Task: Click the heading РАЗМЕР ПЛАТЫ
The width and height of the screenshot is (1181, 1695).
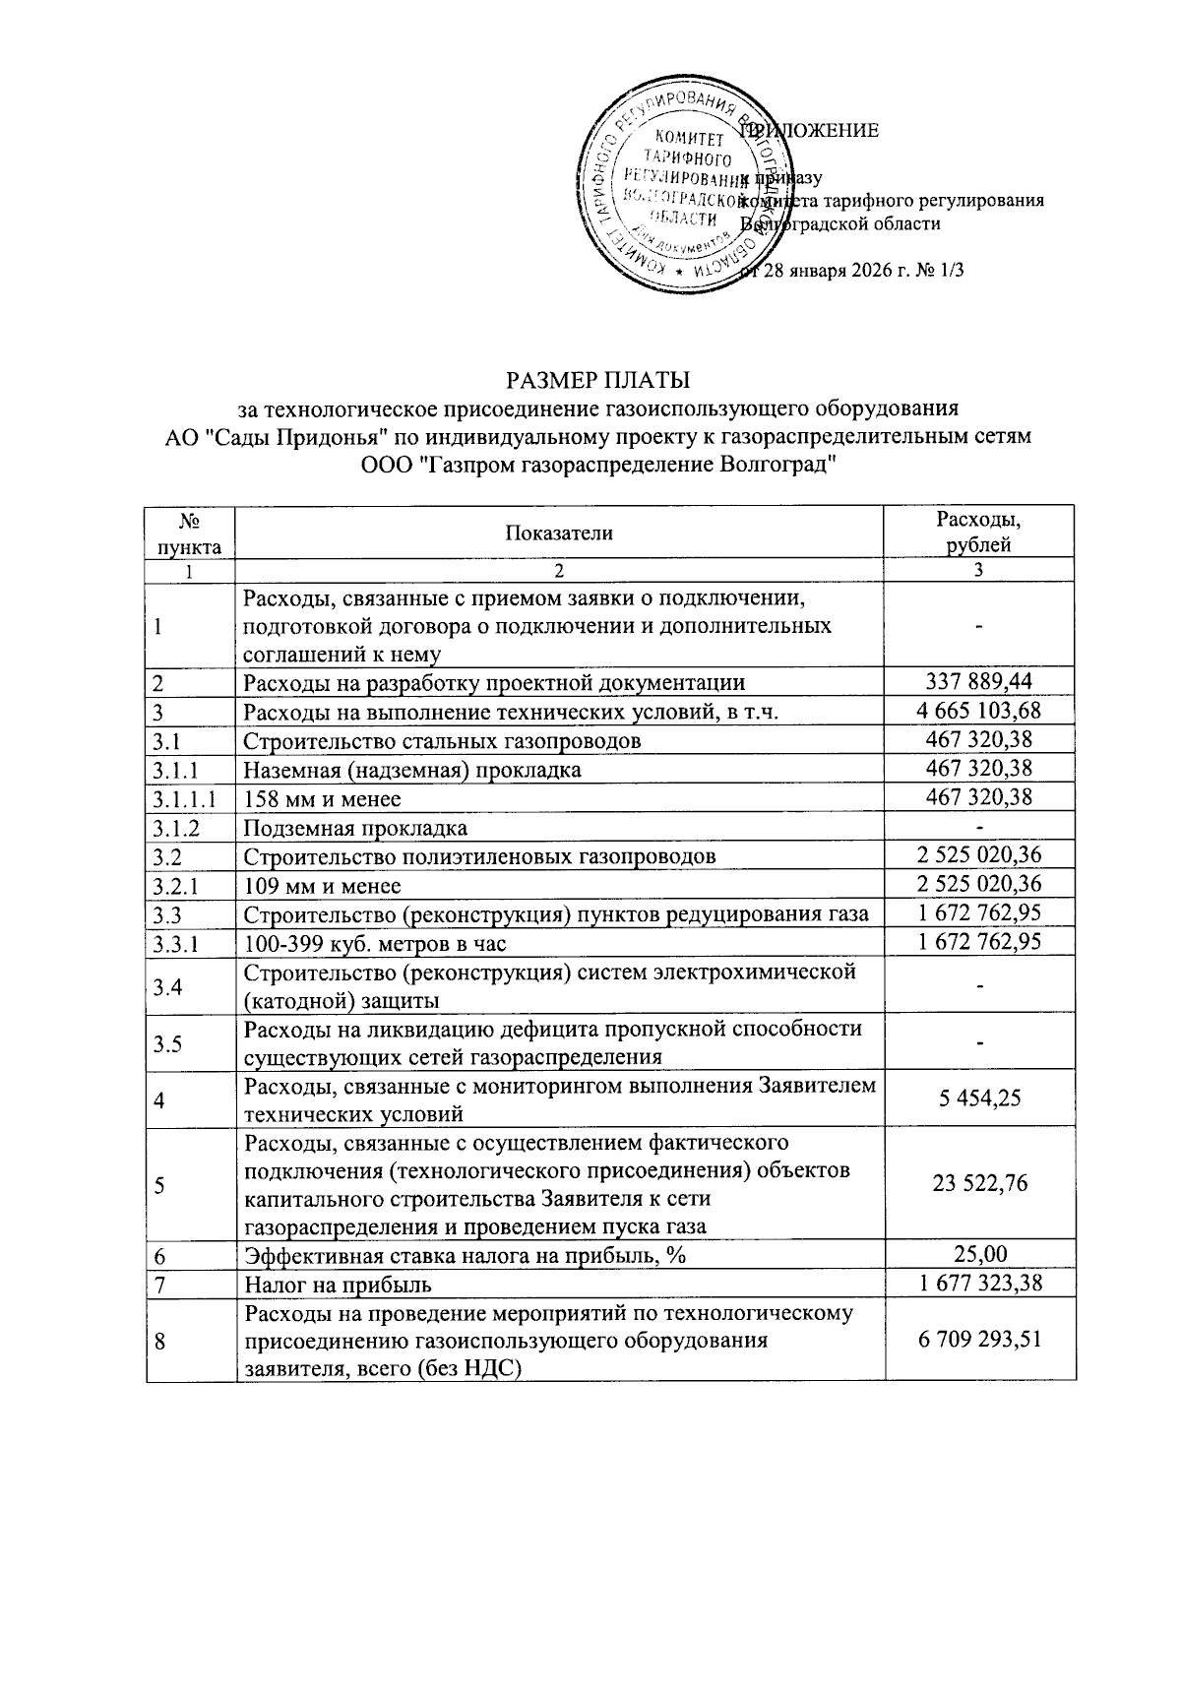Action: pos(597,378)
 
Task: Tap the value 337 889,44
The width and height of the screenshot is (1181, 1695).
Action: pos(979,681)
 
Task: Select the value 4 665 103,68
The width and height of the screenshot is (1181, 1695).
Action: pos(979,710)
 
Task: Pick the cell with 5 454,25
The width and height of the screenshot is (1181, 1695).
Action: pos(979,1098)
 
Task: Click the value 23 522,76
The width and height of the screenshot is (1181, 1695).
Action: pos(979,1182)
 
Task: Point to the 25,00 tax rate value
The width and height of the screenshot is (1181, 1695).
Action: pos(979,1254)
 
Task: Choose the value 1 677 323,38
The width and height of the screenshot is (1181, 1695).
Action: pos(979,1283)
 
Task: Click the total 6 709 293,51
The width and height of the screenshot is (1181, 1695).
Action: pos(979,1339)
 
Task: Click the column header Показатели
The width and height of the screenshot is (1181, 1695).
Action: pos(559,533)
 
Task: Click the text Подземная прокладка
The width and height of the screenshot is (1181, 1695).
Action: pos(355,828)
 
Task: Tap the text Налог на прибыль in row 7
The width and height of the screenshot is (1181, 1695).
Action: pos(338,1285)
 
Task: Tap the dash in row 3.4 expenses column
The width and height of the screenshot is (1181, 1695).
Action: pos(979,986)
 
